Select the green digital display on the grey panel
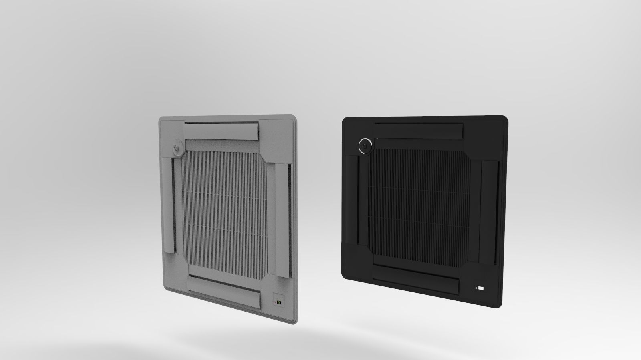click(x=279, y=302)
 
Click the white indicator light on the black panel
click(x=480, y=288)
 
